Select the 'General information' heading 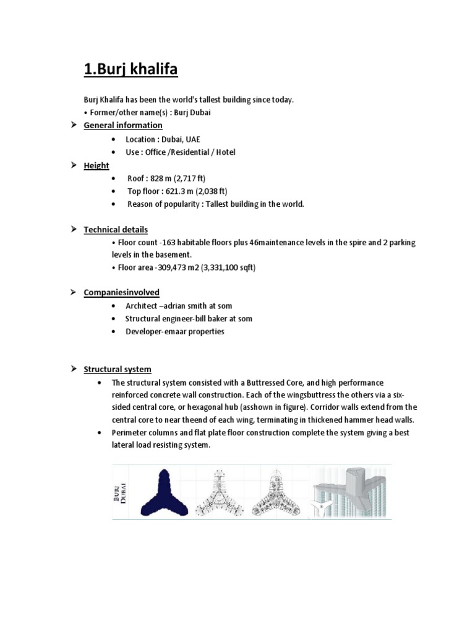click(123, 125)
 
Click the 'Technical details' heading click(116, 230)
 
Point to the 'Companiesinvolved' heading click(121, 292)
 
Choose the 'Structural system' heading click(118, 370)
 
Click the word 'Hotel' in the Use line click(225, 152)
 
